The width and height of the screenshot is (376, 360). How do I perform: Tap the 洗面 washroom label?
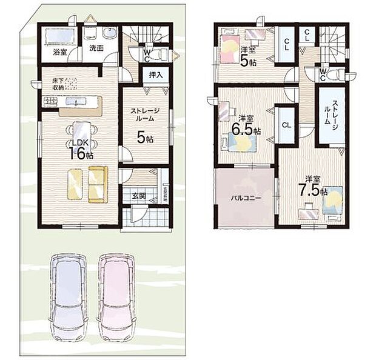96,47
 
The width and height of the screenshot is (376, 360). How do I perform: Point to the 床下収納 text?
56,84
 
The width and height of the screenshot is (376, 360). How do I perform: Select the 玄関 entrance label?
139,195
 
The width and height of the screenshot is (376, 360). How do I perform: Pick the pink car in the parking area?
116,297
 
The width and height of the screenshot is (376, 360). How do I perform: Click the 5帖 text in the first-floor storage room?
145,138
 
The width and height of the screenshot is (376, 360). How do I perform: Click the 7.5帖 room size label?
315,187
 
